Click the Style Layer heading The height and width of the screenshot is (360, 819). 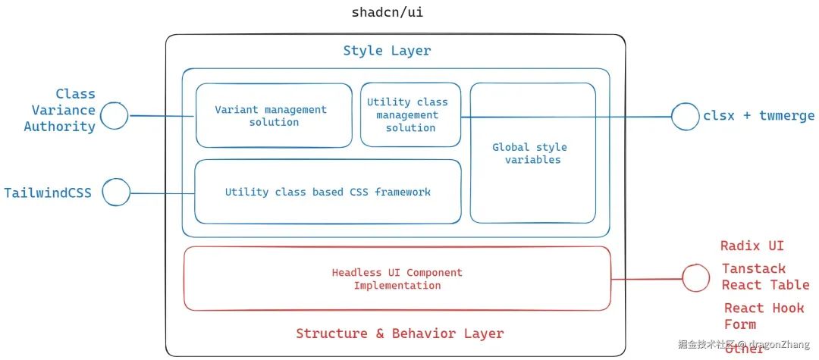[x=387, y=51]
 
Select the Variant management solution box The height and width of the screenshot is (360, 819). [x=274, y=115]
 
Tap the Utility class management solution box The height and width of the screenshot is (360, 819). [x=410, y=114]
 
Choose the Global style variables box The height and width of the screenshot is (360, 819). [x=532, y=153]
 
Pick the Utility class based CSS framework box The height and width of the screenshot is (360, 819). [x=328, y=192]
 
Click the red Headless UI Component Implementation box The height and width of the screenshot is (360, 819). [x=397, y=278]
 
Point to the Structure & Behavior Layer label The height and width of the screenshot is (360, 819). [x=400, y=333]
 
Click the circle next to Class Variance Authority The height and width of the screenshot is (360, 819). [x=115, y=115]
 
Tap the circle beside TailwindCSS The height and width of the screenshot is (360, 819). [x=116, y=192]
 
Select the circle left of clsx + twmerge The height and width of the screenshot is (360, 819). [x=686, y=116]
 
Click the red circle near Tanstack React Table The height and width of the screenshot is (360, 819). [x=695, y=278]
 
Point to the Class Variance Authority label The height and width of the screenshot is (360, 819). [x=60, y=110]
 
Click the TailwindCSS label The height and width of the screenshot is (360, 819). [x=48, y=193]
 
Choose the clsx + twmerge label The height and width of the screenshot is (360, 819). [x=758, y=116]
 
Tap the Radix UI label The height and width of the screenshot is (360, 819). [x=752, y=246]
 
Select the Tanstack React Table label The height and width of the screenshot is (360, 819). [x=765, y=277]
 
